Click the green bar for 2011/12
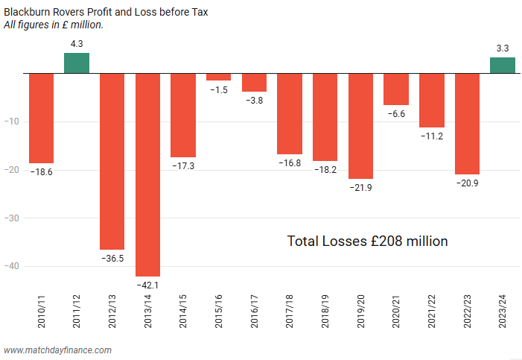[76, 63]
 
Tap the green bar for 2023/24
[503, 66]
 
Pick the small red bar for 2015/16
[218, 77]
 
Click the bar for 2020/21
[396, 89]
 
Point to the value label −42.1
[147, 285]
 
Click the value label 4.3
[76, 45]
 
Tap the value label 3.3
[503, 48]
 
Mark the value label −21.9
[360, 187]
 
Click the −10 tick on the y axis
[15, 121]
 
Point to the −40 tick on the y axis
[15, 266]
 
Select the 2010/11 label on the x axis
[41, 312]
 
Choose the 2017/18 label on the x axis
[290, 312]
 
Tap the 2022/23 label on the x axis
[468, 312]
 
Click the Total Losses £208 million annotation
[367, 241]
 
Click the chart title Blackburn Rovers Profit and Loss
[105, 12]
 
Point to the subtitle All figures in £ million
[54, 25]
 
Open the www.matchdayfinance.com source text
[58, 350]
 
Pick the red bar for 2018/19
[325, 117]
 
